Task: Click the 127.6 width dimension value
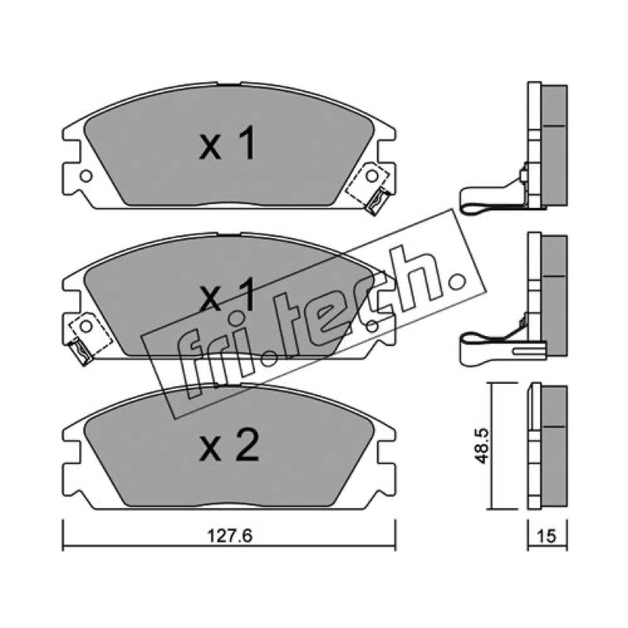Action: point(229,535)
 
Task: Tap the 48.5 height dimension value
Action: point(481,446)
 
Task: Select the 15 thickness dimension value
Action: point(547,536)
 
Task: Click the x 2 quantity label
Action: point(228,445)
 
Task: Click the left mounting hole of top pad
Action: point(86,176)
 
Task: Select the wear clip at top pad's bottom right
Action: point(378,201)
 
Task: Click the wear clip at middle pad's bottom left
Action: point(81,351)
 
